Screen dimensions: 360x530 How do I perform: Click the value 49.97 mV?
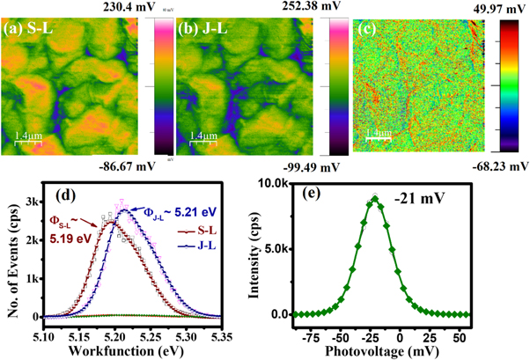click(493, 8)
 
